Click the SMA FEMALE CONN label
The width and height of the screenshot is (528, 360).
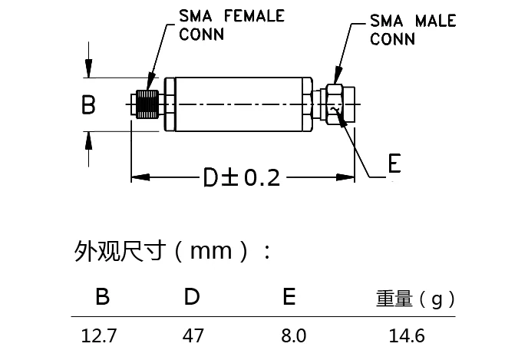(220, 25)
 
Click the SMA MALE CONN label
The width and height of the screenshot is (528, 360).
(412, 29)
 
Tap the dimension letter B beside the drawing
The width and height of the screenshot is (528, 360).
(88, 105)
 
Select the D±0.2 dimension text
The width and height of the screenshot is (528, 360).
(241, 178)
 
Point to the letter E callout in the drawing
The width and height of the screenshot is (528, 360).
(394, 165)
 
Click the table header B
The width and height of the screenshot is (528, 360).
(101, 297)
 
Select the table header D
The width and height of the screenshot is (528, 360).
(192, 297)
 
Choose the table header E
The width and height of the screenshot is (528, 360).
(289, 297)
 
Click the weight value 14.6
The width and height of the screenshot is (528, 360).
(408, 335)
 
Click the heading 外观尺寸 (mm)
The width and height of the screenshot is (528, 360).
(173, 251)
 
